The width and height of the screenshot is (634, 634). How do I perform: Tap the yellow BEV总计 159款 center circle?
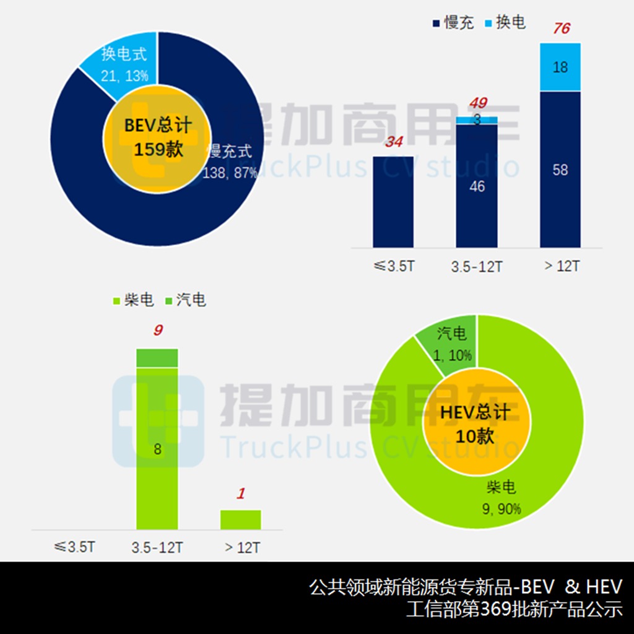click(x=157, y=138)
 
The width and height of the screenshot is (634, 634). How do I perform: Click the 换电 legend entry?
click(x=504, y=23)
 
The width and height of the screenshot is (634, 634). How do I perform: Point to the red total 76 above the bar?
click(x=561, y=29)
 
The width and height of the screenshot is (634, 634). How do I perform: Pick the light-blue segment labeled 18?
click(x=560, y=67)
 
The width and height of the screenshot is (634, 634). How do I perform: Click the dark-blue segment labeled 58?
click(x=560, y=170)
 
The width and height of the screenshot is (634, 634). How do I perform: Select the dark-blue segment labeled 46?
click(x=477, y=186)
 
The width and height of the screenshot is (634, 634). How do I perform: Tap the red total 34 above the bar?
click(x=393, y=142)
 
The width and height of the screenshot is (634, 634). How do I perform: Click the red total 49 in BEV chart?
click(x=477, y=103)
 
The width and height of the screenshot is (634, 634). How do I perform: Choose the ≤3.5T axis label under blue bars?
click(x=394, y=267)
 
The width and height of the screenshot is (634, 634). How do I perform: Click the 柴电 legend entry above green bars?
click(x=132, y=301)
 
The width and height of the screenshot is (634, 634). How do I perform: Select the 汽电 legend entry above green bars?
click(x=185, y=301)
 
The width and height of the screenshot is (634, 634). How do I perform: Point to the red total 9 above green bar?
click(x=158, y=331)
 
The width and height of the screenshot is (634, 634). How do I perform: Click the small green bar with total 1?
click(x=241, y=519)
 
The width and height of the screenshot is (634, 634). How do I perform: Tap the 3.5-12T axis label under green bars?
click(x=157, y=548)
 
